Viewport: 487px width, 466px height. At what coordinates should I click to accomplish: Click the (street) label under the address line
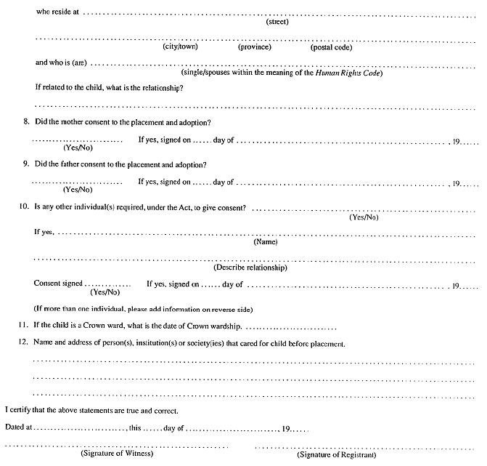(277, 22)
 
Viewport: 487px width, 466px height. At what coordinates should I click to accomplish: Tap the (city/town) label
(180, 47)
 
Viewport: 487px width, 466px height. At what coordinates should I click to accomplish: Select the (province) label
(255, 47)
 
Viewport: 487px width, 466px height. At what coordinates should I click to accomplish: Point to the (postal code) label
(331, 48)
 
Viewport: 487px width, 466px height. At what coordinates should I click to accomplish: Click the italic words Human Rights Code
(355, 73)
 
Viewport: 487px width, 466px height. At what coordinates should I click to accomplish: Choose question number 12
(24, 342)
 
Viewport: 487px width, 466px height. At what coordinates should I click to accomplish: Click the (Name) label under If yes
(266, 241)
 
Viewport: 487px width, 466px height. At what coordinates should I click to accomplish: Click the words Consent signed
(59, 284)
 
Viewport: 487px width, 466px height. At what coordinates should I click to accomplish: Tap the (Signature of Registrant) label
(337, 455)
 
